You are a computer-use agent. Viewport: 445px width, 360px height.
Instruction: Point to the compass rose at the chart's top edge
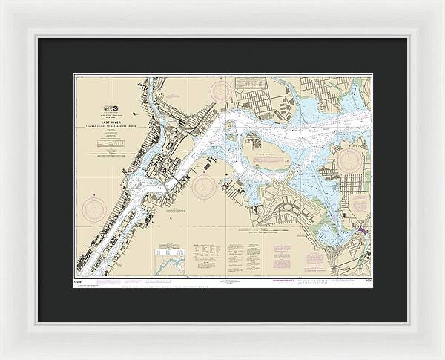pos(220,91)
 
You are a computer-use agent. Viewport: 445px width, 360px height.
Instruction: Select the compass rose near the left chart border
pos(94,208)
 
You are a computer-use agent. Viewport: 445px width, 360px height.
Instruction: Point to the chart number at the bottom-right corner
pos(365,280)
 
